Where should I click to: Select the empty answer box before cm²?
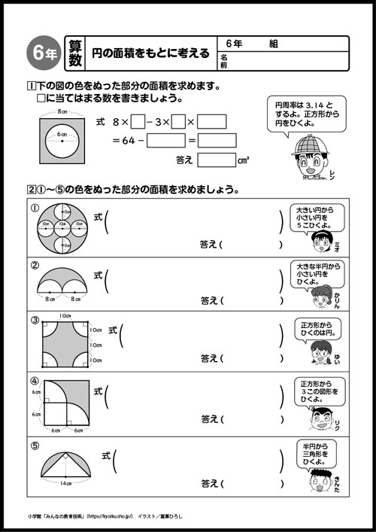(216, 160)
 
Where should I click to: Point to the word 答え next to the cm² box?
(184, 160)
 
